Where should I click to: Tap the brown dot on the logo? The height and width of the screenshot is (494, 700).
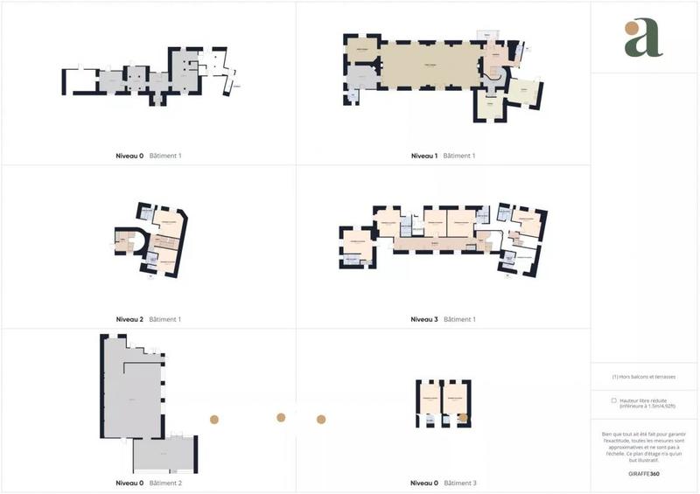coord(632,28)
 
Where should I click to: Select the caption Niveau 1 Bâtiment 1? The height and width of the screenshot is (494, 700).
coord(443,156)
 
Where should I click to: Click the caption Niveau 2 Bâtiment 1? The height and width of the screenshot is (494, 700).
coord(148,319)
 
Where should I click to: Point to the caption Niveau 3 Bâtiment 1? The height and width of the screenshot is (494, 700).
coord(443,319)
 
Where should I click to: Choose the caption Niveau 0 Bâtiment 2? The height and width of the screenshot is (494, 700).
coord(148,483)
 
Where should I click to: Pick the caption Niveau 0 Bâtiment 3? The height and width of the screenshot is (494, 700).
coord(443,483)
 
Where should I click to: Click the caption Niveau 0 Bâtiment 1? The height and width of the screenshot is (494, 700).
coord(148,156)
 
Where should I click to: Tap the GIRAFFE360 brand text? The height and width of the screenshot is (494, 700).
coord(645,473)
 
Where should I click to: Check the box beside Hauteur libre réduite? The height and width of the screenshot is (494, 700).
coord(613,400)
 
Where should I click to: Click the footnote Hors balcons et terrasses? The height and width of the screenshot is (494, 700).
coord(645,377)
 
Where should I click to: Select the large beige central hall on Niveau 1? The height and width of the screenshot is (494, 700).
coord(430,66)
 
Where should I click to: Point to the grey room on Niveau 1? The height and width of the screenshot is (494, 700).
coord(362,76)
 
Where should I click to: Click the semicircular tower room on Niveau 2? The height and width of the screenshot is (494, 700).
coord(125,240)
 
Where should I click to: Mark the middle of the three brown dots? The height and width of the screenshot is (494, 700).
coord(281,418)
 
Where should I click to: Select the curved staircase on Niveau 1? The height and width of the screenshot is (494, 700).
coord(494,76)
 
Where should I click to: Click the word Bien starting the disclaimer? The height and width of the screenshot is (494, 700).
coord(607,434)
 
